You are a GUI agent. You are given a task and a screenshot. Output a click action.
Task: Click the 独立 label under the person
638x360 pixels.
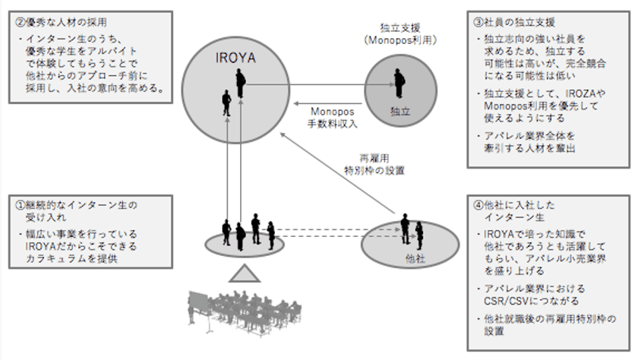point(399,111)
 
